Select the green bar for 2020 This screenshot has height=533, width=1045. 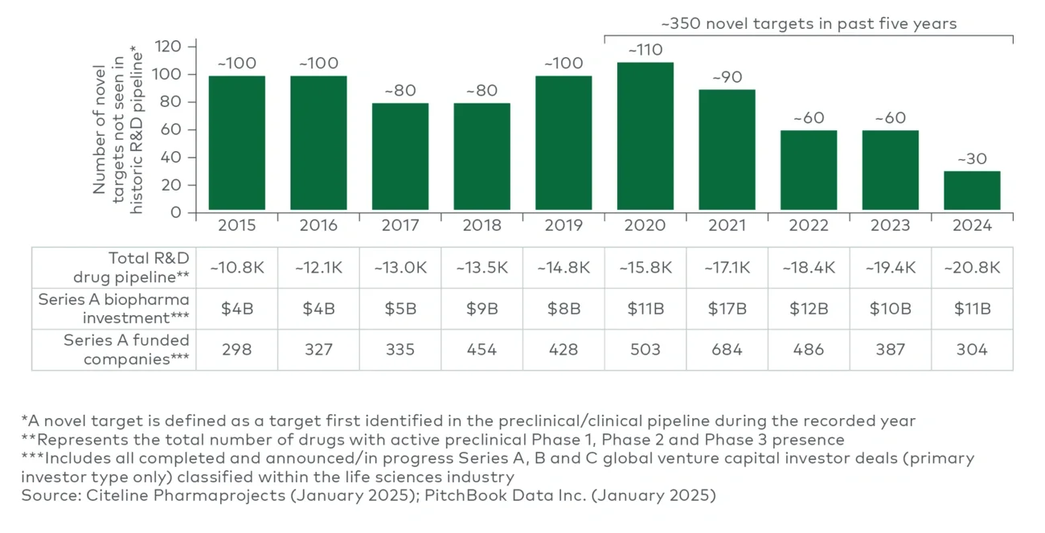[x=645, y=137]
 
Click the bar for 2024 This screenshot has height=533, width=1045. [x=972, y=191]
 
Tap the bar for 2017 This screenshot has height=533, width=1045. [x=400, y=157]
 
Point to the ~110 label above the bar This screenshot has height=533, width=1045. [x=645, y=50]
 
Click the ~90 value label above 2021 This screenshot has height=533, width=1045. [x=727, y=77]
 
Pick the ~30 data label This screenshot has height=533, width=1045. [x=972, y=159]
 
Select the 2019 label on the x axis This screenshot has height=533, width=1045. [x=563, y=226]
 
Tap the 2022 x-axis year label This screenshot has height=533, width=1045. [x=809, y=226]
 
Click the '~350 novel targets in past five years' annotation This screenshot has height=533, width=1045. [x=809, y=23]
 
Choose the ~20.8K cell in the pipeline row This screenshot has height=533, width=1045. [x=972, y=268]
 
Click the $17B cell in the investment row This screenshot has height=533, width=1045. [x=727, y=309]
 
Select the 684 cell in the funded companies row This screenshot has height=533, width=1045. [x=727, y=350]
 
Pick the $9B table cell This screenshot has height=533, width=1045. [x=482, y=309]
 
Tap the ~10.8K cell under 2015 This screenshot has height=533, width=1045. [x=237, y=268]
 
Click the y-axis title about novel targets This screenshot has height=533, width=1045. [x=117, y=129]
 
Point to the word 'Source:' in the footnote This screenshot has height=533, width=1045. [x=49, y=495]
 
